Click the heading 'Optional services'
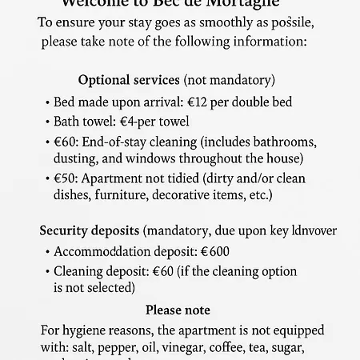coord(129,80)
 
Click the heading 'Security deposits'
coord(90,231)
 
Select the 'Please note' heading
coord(178,310)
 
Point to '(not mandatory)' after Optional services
coord(229,80)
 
